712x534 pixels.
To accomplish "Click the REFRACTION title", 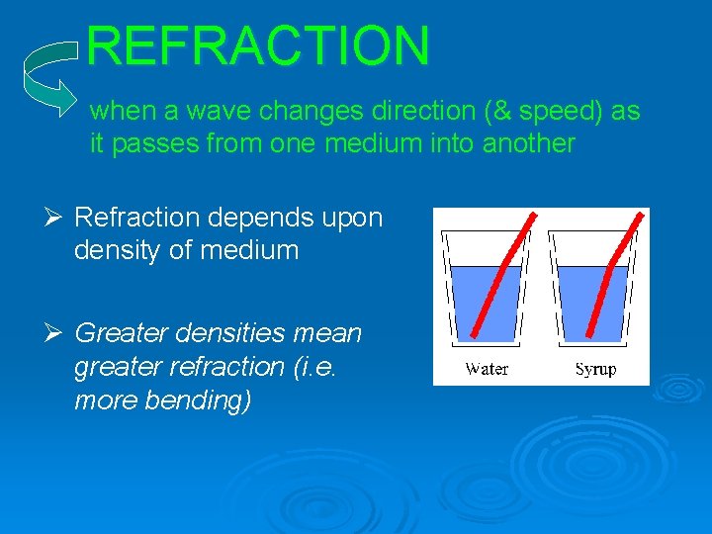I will tap(258, 45).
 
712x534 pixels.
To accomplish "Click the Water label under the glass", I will tap(487, 369).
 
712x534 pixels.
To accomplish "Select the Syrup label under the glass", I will tap(595, 369).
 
